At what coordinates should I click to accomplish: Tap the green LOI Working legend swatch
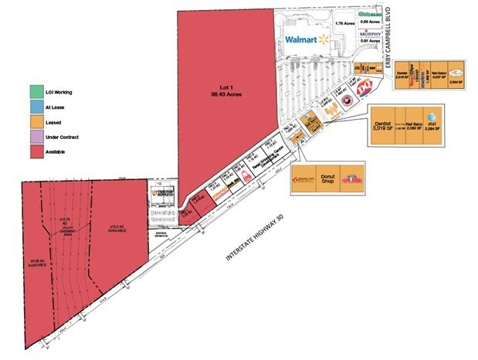click(35, 93)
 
